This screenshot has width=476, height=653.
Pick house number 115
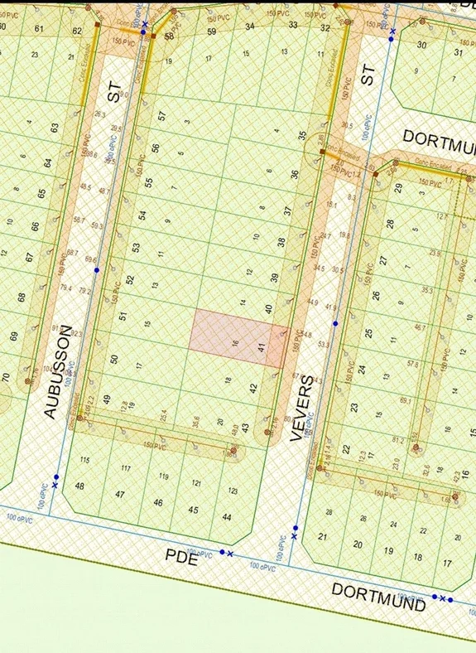[84, 460]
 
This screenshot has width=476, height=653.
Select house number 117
[127, 469]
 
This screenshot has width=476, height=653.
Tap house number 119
[164, 476]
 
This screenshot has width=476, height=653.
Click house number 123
[233, 491]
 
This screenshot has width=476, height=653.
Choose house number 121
[197, 483]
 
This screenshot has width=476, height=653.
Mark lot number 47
[120, 495]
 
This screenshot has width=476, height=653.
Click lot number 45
[194, 510]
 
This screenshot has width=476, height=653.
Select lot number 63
[55, 128]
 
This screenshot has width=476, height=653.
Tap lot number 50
[114, 360]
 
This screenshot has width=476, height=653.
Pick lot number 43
[244, 428]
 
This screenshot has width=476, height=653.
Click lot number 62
[78, 31]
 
